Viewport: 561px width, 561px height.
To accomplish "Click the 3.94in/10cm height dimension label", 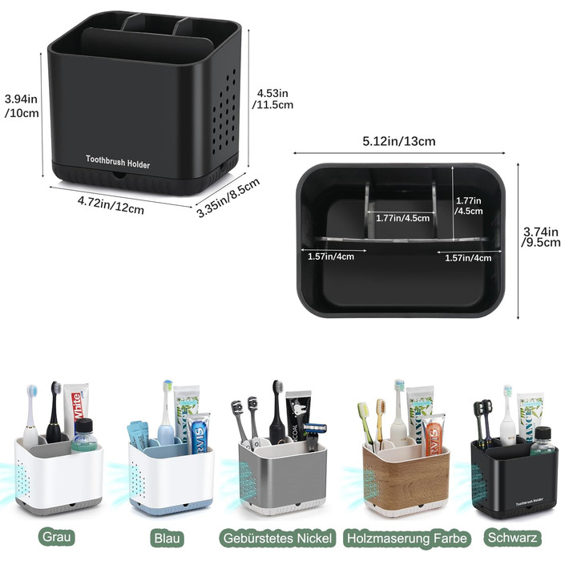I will pyautogui.click(x=21, y=105).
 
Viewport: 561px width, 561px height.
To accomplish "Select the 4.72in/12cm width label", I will pyautogui.click(x=110, y=204).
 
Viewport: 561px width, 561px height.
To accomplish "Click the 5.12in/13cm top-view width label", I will pyautogui.click(x=398, y=141).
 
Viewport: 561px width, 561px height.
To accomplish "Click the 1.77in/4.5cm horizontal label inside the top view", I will pyautogui.click(x=402, y=217).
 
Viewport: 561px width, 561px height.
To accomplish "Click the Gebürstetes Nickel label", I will pyautogui.click(x=276, y=536).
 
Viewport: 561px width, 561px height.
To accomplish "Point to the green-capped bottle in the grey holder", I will pyautogui.click(x=83, y=435).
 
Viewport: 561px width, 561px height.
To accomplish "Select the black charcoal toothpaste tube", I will pyautogui.click(x=296, y=413).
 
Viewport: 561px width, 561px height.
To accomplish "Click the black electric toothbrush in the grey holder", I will pyautogui.click(x=54, y=413).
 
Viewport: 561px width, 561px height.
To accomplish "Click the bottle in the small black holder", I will pyautogui.click(x=543, y=442).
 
